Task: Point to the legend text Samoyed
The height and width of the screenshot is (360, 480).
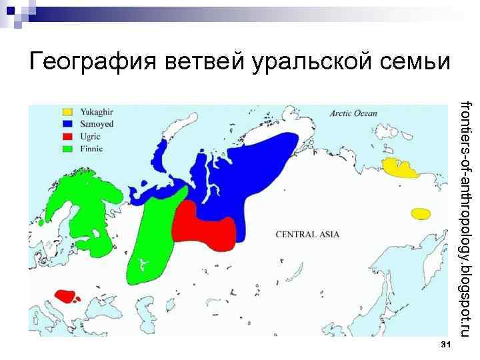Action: click(97, 124)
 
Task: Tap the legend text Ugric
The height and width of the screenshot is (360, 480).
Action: click(91, 136)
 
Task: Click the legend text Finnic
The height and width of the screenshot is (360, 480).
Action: click(91, 148)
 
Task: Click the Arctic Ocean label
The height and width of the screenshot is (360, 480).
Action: click(353, 113)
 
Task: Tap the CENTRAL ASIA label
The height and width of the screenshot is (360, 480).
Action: click(307, 235)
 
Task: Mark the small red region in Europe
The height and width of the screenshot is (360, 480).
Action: click(67, 295)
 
